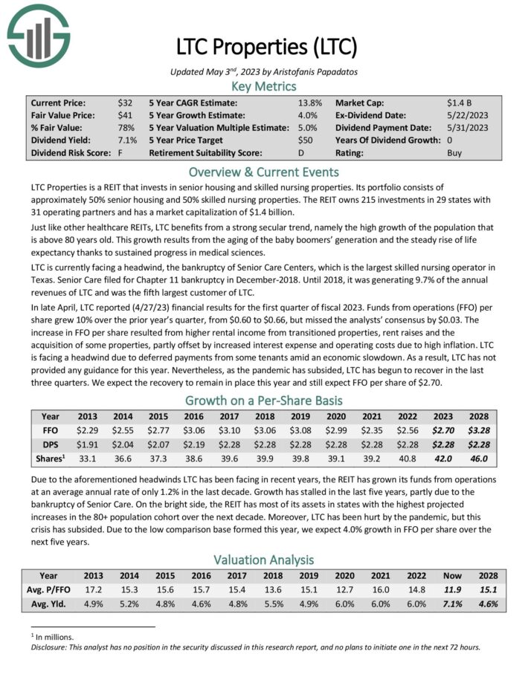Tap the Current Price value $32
point(124,103)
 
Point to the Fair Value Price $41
point(124,115)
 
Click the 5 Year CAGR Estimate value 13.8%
point(310,103)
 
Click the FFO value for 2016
point(193,429)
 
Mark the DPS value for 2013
point(88,444)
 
